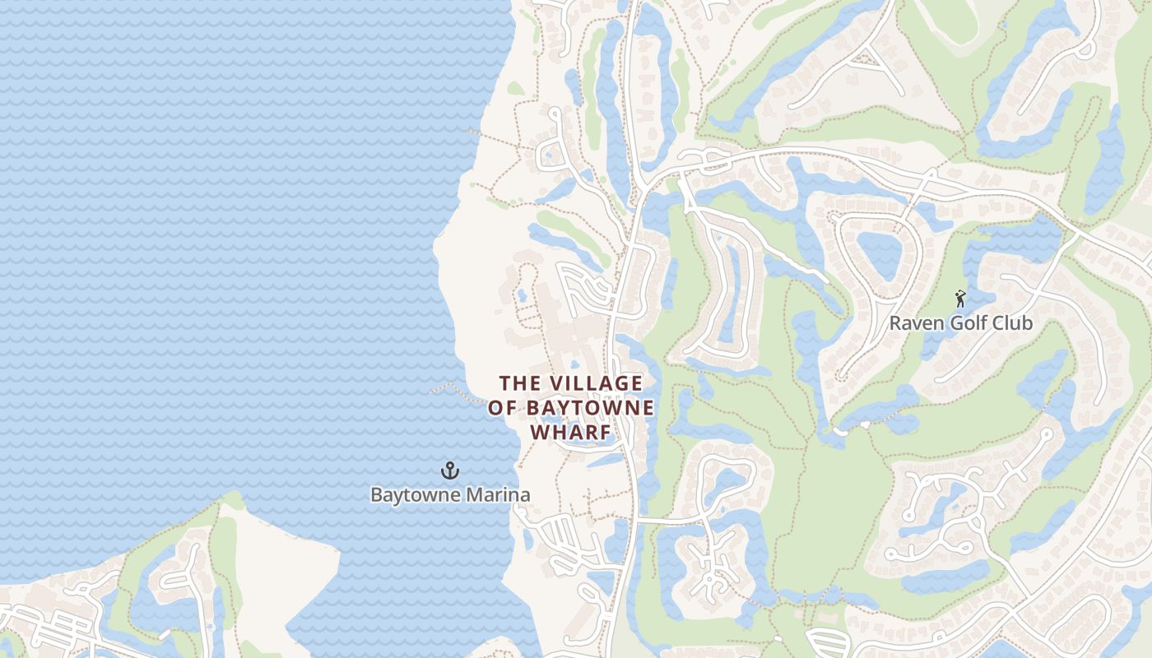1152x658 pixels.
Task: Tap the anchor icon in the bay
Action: click(450, 471)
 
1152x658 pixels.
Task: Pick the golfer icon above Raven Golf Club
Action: click(959, 299)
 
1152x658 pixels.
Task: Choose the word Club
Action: click(1014, 323)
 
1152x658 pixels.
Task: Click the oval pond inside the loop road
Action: click(879, 255)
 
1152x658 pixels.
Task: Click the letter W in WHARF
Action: click(540, 433)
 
